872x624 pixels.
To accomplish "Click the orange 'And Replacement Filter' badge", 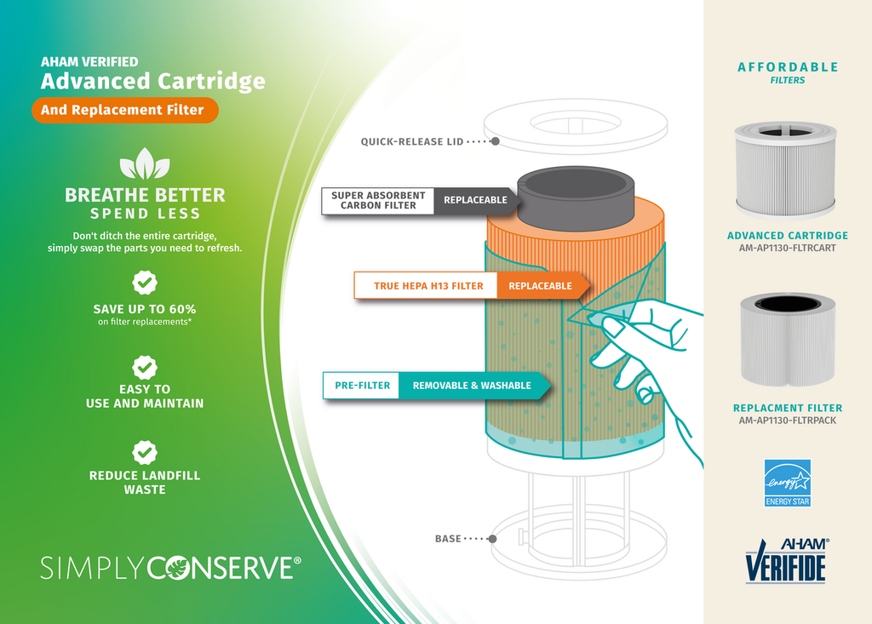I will tap(124, 110).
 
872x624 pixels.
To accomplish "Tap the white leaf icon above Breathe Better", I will tap(144, 164).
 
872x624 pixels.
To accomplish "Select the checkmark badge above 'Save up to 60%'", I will tap(145, 283).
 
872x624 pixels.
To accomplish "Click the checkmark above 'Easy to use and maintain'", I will tap(145, 367).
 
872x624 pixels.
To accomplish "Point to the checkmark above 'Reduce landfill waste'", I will tap(145, 452).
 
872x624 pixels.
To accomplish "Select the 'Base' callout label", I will tap(448, 539).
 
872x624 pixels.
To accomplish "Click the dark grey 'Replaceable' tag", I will tap(474, 201).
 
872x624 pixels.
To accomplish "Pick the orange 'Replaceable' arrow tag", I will tap(542, 286).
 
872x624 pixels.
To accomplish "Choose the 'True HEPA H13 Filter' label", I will tap(427, 286).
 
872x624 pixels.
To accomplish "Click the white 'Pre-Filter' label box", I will tap(362, 386).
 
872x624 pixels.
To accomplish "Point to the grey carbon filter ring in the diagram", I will tap(576, 197).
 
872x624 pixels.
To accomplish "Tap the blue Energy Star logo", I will tap(787, 483).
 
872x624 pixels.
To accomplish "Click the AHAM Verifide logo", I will tap(787, 559).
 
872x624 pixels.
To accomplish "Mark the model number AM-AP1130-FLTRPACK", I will tap(787, 421).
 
